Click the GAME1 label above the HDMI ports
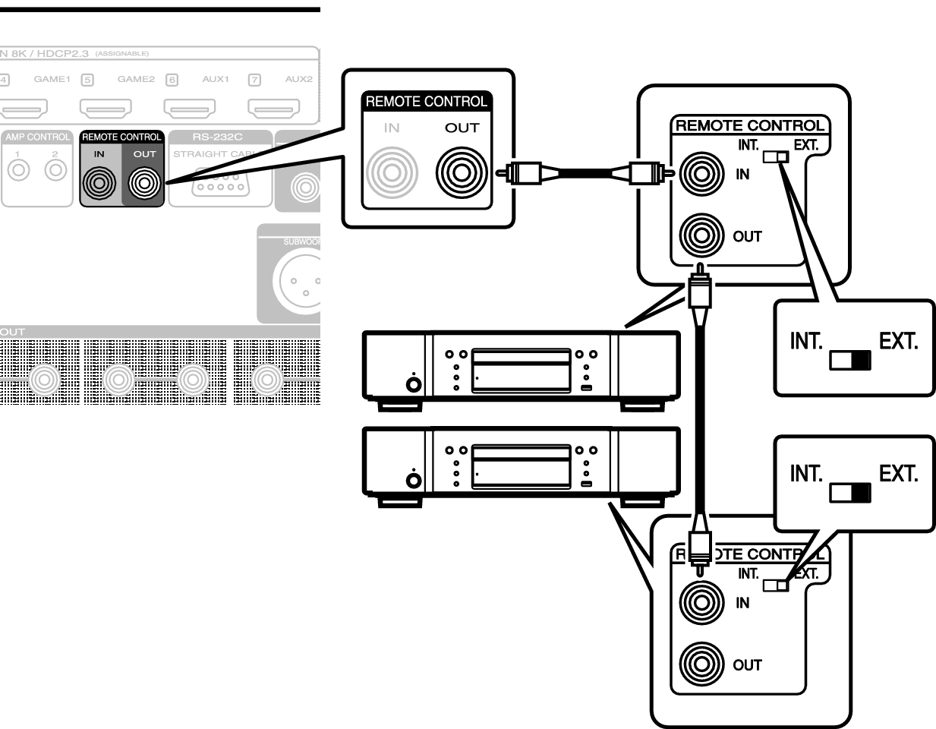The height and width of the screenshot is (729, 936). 52,79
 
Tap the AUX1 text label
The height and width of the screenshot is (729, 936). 216,79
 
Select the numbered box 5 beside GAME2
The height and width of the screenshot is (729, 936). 87,80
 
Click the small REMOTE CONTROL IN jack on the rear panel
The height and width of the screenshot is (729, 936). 99,182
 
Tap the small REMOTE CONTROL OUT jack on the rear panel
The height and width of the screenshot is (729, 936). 144,182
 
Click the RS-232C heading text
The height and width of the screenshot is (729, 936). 217,137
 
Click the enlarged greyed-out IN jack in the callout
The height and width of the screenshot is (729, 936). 392,172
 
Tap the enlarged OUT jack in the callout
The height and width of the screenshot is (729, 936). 461,172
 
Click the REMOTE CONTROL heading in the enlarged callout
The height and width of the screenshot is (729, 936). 426,102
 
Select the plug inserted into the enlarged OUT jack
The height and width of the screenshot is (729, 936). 528,173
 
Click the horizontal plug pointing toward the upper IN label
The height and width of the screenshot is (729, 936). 642,174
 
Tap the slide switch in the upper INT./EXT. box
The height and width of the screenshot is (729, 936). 849,360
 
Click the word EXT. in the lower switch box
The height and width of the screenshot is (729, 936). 898,474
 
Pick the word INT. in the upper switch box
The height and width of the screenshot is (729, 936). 806,341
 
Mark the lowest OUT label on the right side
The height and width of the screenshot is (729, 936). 747,665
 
